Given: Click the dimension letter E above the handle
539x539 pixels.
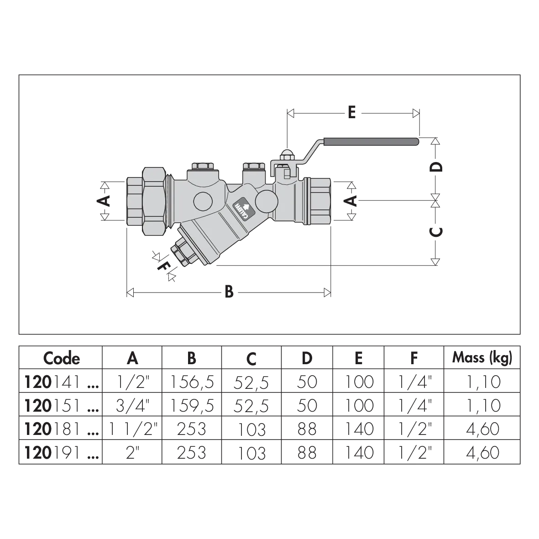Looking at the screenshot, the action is coord(351,112).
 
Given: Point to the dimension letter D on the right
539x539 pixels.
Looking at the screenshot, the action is coord(436,167).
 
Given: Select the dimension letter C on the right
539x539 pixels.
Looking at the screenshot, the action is coord(436,231).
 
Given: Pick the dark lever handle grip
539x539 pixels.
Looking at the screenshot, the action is coord(371,141).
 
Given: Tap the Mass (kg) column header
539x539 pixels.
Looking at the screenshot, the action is coord(482,357).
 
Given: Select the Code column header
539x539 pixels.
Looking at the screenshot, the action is coord(62,358).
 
